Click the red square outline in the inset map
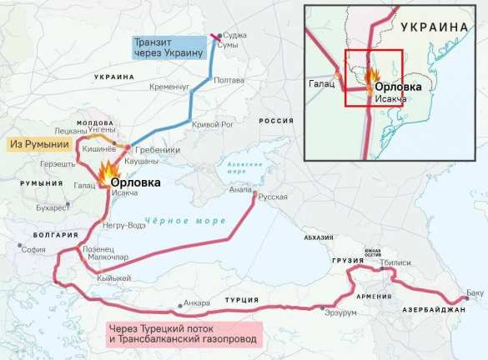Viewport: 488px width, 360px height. (x=374, y=77)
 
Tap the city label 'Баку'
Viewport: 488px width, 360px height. (x=475, y=293)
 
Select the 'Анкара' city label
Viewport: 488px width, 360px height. (x=197, y=302)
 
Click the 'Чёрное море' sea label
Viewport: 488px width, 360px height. (x=174, y=221)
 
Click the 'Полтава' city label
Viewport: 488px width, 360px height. (x=229, y=80)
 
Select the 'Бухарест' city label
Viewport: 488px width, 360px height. (x=53, y=207)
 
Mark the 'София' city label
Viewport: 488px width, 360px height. (x=33, y=248)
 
